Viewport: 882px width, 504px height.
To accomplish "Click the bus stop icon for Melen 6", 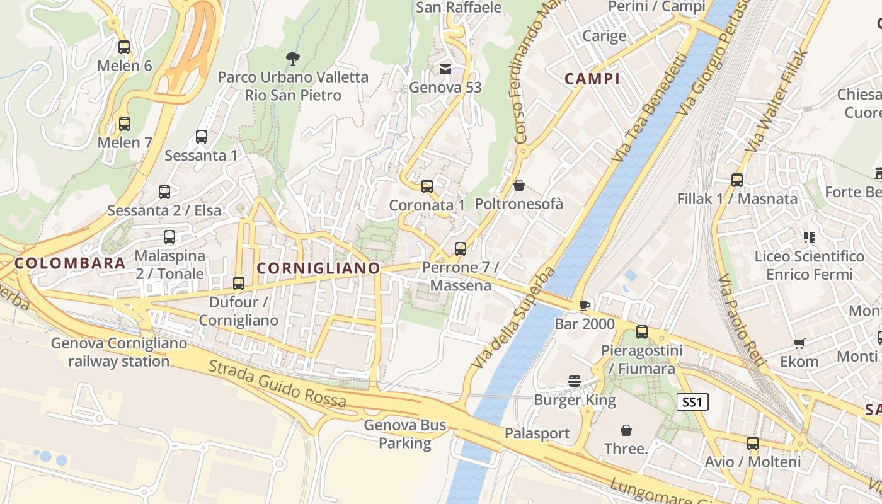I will pyautogui.click(x=124, y=47).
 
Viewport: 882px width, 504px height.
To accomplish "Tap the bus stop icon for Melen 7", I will pyautogui.click(x=125, y=124).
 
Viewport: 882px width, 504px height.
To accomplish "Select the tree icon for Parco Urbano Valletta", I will pyautogui.click(x=292, y=59).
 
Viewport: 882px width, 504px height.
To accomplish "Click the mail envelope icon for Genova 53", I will pyautogui.click(x=445, y=69).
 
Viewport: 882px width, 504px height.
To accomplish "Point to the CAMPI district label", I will pyautogui.click(x=592, y=79).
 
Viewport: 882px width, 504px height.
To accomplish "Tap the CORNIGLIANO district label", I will pyautogui.click(x=319, y=268).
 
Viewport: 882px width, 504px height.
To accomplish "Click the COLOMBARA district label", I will pyautogui.click(x=70, y=263).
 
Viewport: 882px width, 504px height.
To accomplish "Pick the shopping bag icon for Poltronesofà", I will pyautogui.click(x=518, y=185).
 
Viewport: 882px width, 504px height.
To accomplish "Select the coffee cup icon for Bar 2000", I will pyautogui.click(x=584, y=306).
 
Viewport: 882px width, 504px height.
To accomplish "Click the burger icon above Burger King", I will pyautogui.click(x=575, y=381).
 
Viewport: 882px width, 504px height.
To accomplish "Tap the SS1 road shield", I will pyautogui.click(x=692, y=402).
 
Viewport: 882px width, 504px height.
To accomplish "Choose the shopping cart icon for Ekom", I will pyautogui.click(x=799, y=343).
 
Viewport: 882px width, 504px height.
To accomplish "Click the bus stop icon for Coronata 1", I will pyautogui.click(x=427, y=186).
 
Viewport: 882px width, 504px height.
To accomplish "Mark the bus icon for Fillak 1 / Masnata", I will pyautogui.click(x=737, y=180).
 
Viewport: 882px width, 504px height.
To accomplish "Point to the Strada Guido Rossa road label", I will pyautogui.click(x=277, y=383).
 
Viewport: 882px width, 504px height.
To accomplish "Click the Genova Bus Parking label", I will pyautogui.click(x=404, y=434).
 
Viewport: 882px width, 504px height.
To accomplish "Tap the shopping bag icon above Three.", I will pyautogui.click(x=626, y=430).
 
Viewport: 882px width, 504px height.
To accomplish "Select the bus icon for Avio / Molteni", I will pyautogui.click(x=752, y=444).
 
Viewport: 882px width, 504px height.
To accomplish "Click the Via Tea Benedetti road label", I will pyautogui.click(x=649, y=107).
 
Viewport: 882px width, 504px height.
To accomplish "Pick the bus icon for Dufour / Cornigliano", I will pyautogui.click(x=238, y=283).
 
